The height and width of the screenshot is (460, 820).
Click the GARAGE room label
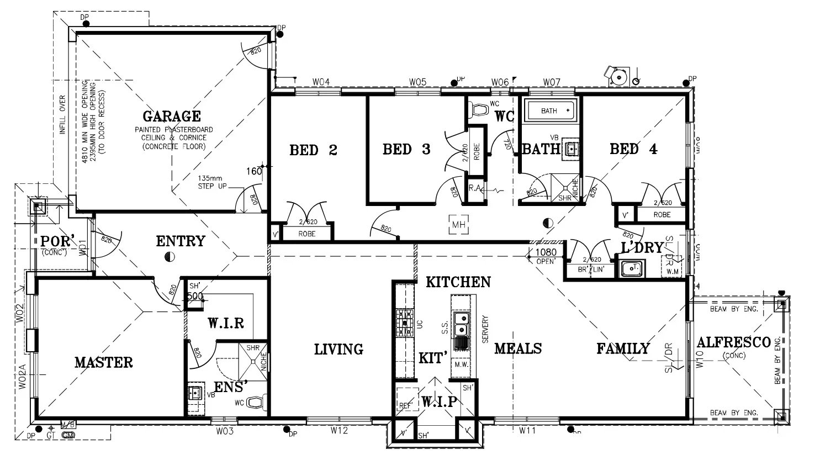click(x=171, y=117)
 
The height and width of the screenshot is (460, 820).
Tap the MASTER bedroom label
click(x=104, y=362)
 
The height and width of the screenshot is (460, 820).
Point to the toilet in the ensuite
click(x=256, y=403)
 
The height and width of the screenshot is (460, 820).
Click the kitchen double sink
click(x=460, y=324)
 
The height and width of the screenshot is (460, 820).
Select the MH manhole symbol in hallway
click(x=458, y=225)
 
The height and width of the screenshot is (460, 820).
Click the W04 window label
click(x=321, y=82)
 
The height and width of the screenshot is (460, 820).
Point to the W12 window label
click(x=339, y=430)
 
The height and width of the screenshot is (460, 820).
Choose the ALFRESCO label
click(x=733, y=343)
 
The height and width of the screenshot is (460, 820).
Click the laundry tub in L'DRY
click(x=630, y=269)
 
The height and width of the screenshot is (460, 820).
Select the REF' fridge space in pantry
click(x=405, y=405)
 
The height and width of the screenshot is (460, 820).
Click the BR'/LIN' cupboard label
click(x=588, y=269)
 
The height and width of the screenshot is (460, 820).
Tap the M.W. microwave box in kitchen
click(x=461, y=365)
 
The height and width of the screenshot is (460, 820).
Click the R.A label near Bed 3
click(x=474, y=188)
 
